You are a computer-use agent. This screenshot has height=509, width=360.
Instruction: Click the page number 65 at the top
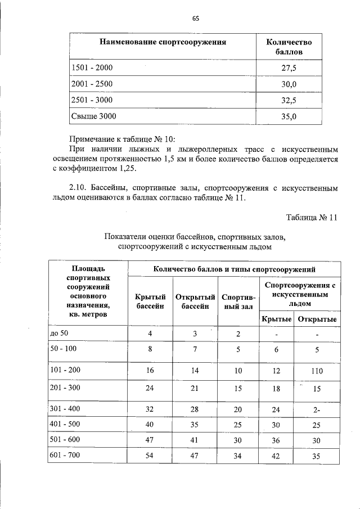pos(195,18)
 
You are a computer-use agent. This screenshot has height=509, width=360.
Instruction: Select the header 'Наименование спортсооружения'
pos(163,42)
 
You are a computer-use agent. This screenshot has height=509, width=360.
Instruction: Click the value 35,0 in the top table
pos(289,116)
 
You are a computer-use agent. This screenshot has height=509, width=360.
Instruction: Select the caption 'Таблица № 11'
pos(311,218)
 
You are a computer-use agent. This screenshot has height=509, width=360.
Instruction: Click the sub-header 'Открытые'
pos(317,319)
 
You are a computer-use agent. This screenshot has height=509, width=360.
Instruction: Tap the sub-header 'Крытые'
pos(276,319)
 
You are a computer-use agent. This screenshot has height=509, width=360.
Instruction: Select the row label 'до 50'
pos(59,334)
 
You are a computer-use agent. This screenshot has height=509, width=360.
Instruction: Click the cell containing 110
pos(317,371)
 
